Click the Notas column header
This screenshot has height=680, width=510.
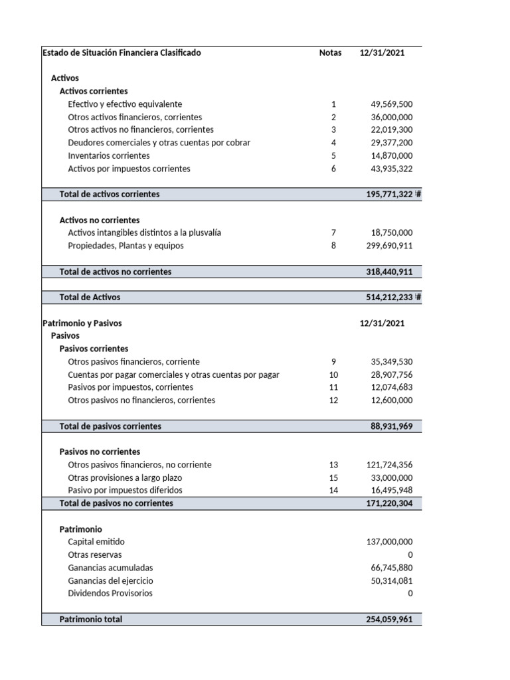point(330,53)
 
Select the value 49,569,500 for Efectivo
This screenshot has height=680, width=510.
point(391,104)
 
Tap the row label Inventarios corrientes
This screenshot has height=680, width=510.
point(109,155)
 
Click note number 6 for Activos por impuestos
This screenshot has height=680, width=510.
point(333,169)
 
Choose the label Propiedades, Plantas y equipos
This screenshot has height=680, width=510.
point(126,246)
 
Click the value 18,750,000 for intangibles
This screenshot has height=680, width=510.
point(391,232)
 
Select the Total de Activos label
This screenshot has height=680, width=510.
point(90,297)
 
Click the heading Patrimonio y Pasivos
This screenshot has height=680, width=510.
point(82,323)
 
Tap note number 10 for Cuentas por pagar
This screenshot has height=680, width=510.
point(333,375)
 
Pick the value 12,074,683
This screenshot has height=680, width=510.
point(391,387)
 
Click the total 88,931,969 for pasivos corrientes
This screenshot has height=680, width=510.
point(391,426)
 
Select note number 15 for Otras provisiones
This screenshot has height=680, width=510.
point(333,477)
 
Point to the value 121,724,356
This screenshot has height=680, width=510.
point(389,465)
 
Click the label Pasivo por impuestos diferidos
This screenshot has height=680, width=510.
point(125,490)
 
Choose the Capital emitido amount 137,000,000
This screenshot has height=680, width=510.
point(389,542)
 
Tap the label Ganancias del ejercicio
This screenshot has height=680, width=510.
point(110,580)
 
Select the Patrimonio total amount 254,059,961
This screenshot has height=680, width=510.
point(389,619)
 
